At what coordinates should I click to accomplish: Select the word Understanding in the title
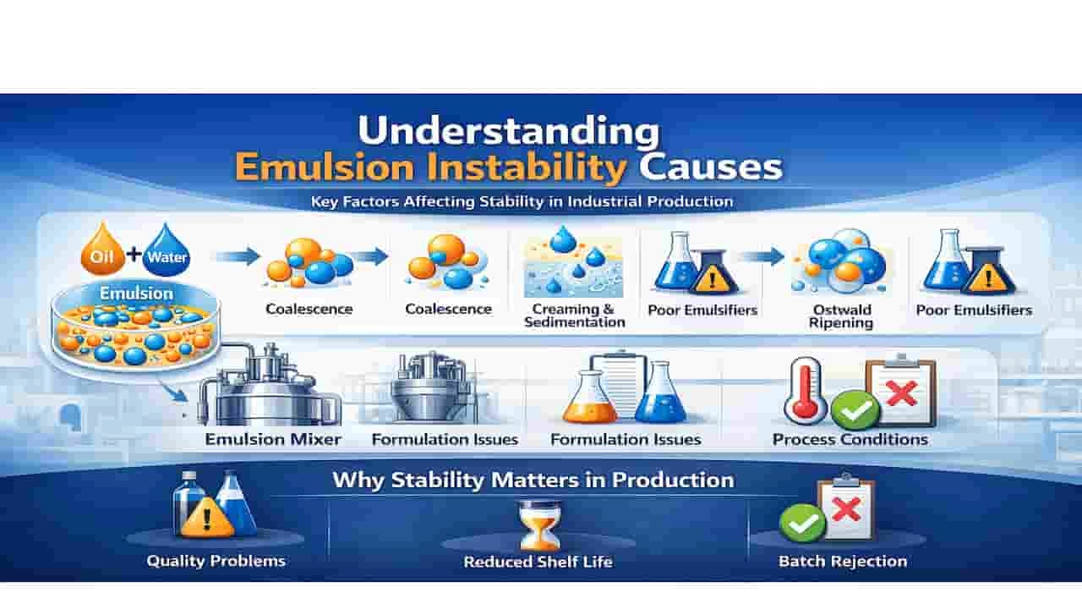point(508,132)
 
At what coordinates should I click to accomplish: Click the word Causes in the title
point(710,167)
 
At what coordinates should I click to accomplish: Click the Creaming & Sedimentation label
point(574,315)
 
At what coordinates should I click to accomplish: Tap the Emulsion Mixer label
point(273,439)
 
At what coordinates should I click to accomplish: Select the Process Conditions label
point(850,439)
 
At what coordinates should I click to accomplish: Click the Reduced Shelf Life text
point(538,562)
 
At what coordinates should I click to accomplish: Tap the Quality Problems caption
point(216,560)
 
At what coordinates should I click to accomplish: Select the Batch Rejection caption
point(842,561)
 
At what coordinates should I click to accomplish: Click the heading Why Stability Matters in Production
point(533,480)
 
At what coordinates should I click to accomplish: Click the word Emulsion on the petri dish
point(135,294)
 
